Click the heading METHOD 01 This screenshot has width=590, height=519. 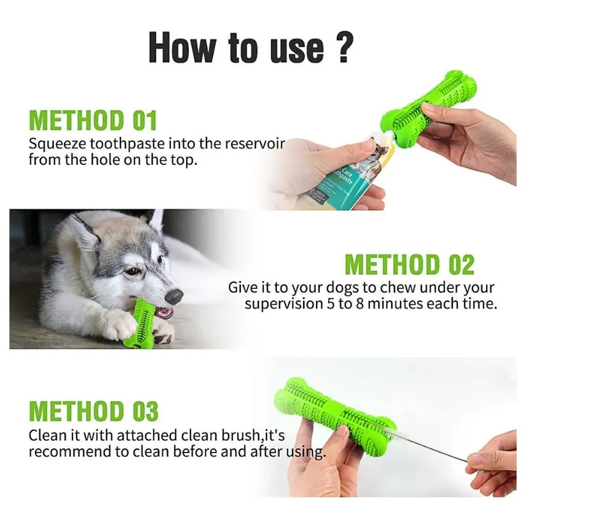pyautogui.click(x=93, y=120)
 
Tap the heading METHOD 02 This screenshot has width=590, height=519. pyautogui.click(x=409, y=265)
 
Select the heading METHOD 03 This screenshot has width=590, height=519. pyautogui.click(x=93, y=411)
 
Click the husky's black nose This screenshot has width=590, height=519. pyautogui.click(x=174, y=296)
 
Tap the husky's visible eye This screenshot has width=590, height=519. pyautogui.click(x=131, y=271)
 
